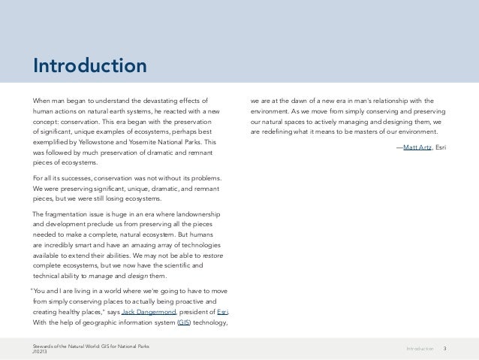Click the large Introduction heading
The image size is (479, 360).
pyautogui.click(x=89, y=66)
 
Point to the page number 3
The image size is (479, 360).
pyautogui.click(x=446, y=349)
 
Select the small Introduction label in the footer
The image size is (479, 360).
pyautogui.click(x=420, y=349)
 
